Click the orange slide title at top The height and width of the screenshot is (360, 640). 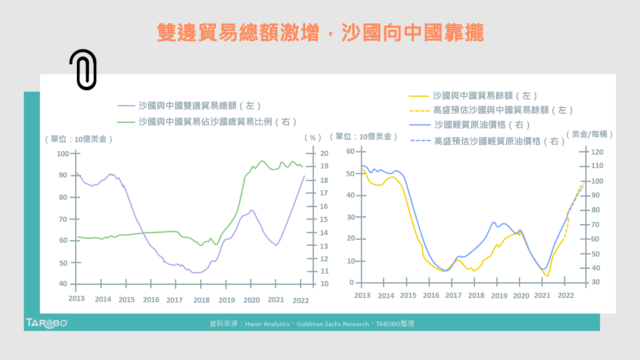[x=320, y=33]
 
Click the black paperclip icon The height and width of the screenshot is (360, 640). [x=84, y=69]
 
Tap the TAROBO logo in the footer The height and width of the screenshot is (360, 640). [x=46, y=323]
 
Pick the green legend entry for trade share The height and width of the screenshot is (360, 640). [x=217, y=122]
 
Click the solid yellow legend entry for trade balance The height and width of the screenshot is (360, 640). [x=485, y=96]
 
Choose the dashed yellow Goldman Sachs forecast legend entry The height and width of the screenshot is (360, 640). [x=503, y=110]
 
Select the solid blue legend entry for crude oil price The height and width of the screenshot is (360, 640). [x=482, y=125]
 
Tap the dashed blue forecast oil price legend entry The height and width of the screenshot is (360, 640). [x=499, y=141]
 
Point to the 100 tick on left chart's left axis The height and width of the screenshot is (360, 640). [x=63, y=153]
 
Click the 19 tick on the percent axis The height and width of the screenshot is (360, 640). [x=324, y=166]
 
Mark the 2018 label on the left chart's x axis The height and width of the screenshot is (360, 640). [x=201, y=300]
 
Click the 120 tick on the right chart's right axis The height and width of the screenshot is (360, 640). [x=597, y=152]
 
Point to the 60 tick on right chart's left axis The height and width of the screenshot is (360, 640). [x=350, y=151]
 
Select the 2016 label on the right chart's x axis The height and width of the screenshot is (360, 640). [x=431, y=295]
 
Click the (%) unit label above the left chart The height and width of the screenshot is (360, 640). [x=313, y=138]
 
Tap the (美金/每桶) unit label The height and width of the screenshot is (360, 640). [x=589, y=135]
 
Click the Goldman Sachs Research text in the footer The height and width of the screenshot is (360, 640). [x=333, y=324]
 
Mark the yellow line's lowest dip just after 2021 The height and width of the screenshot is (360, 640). [x=548, y=275]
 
